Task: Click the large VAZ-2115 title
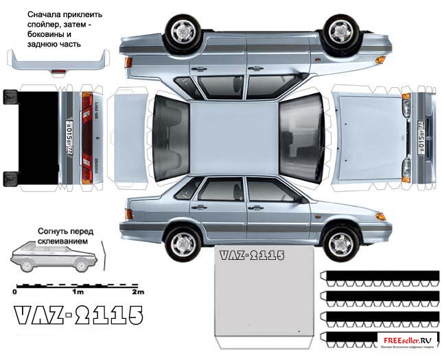tap(78, 317)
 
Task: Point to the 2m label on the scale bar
tap(138, 292)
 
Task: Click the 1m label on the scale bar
tap(76, 292)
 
